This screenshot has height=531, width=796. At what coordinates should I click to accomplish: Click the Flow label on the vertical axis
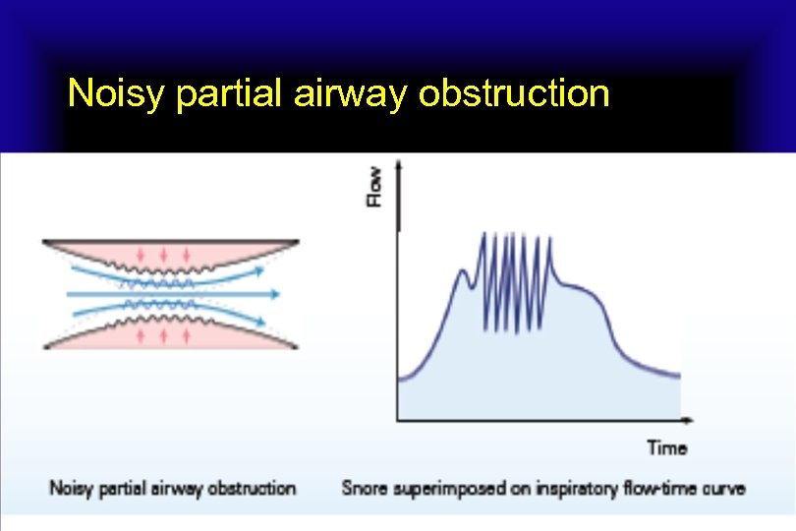tap(374, 187)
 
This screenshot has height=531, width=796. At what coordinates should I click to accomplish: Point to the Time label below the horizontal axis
tap(666, 448)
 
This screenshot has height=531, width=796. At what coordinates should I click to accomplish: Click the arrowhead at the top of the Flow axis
tap(398, 169)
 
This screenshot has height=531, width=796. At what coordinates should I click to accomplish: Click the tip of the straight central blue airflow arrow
tap(279, 294)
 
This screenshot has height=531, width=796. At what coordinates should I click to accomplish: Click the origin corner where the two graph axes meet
tap(398, 420)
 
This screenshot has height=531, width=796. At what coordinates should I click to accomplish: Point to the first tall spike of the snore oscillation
tap(483, 236)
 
